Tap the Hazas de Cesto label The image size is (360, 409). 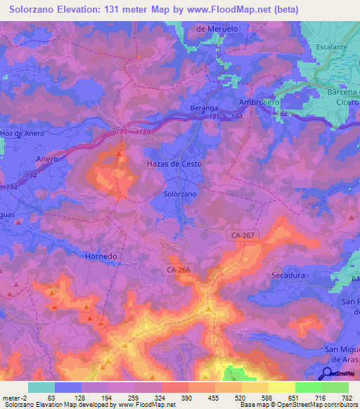174,163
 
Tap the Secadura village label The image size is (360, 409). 288,275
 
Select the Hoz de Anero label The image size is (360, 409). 23,133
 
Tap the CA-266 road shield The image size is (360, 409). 179,269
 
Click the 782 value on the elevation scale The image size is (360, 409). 345,397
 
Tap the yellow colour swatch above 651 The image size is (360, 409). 281,387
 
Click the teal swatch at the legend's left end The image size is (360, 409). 41,387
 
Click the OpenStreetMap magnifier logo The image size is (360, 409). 327,374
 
